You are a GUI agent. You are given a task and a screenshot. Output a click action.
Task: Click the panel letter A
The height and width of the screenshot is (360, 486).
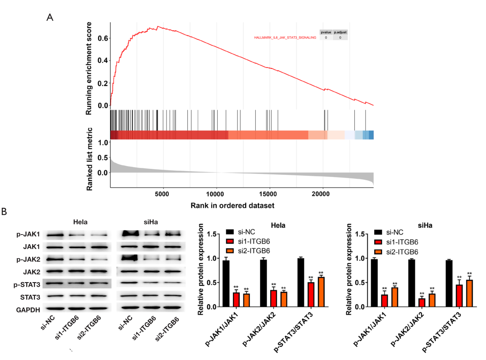(50, 17)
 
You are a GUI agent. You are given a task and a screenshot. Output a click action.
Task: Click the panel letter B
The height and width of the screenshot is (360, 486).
(4, 211)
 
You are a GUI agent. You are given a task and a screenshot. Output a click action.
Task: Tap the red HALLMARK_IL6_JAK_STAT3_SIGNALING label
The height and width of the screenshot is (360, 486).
(285, 37)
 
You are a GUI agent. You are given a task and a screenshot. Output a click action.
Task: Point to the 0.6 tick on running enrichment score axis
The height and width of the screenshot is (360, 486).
(103, 38)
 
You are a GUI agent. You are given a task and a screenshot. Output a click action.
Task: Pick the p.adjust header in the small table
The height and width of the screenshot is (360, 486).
(340, 32)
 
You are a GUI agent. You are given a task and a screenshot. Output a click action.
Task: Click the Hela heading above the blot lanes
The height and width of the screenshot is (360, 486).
(81, 221)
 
